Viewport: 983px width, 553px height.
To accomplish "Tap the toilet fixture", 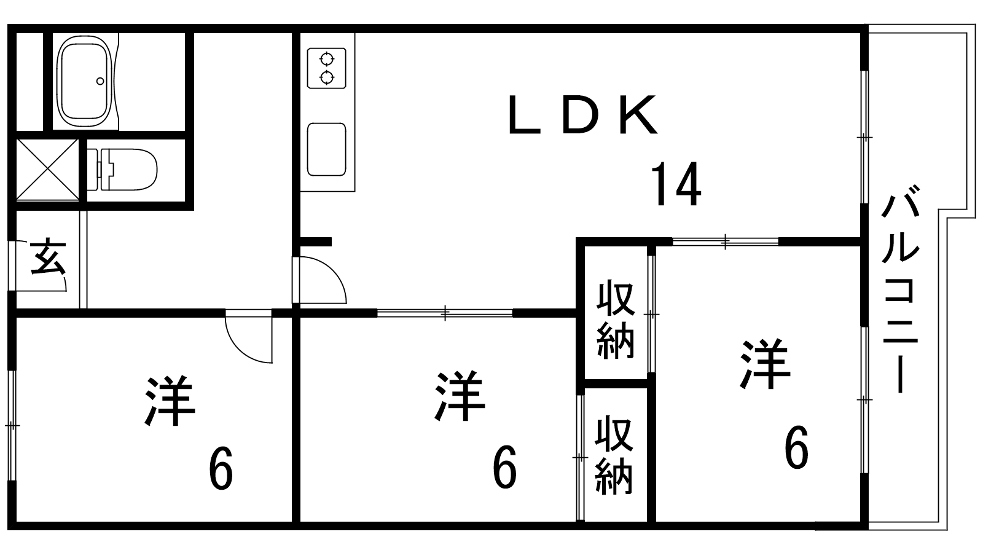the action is coord(122,170).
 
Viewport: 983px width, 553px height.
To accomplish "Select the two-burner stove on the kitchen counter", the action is coord(326,68).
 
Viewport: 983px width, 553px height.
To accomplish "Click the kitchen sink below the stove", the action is coord(326,149).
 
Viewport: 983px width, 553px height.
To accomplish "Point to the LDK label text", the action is coord(583,115).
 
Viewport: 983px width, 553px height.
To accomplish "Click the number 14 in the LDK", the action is coord(676,184).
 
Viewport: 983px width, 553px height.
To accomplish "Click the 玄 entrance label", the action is coord(49,257).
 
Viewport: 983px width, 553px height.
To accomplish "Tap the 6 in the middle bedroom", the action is coord(504,467).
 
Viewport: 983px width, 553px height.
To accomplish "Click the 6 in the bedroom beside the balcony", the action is coord(796,447).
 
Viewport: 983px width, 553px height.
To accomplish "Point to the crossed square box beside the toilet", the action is coord(47,170).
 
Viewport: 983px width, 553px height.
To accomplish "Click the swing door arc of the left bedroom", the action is coord(249,336).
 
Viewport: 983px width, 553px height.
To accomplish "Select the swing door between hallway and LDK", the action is coord(319,280).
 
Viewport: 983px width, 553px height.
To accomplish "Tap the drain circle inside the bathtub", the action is coord(100,81).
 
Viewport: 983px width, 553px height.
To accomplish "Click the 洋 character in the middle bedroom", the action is coord(460,396).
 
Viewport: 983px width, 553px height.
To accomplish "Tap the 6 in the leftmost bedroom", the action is coord(221,468).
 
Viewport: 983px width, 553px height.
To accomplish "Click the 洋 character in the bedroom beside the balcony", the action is coord(765,364).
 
